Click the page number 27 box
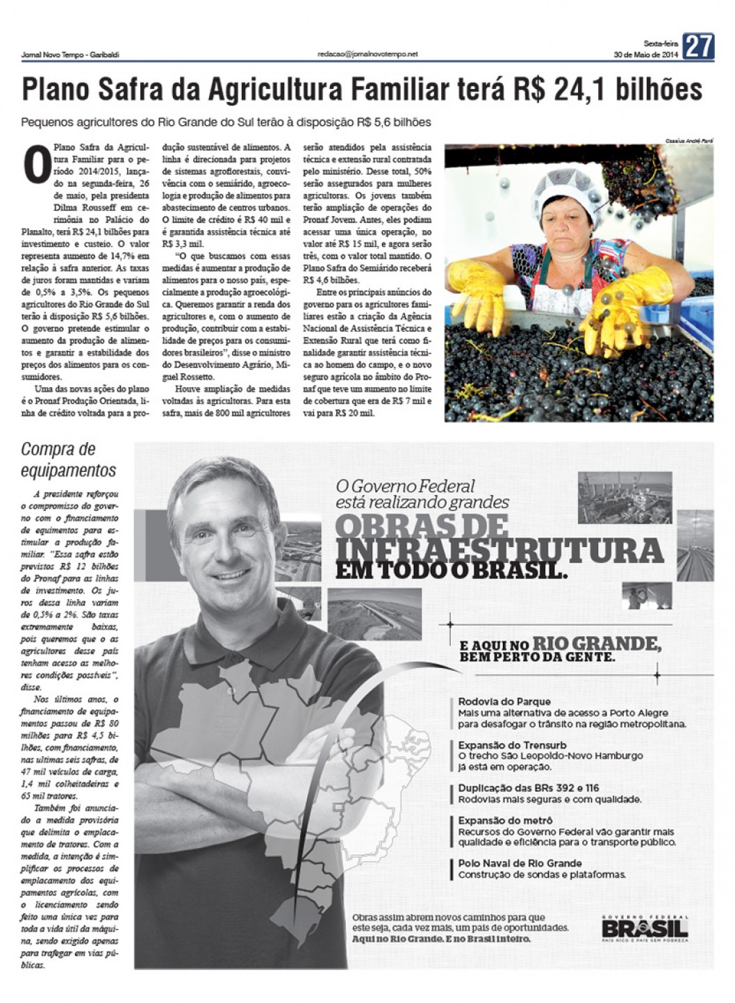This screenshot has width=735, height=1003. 697,47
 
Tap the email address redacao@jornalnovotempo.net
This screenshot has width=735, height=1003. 367,54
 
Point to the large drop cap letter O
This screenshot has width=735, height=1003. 35,165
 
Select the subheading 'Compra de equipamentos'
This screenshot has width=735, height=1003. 68,459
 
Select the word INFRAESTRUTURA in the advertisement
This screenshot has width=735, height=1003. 499,550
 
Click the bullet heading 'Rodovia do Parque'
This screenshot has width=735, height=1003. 504,701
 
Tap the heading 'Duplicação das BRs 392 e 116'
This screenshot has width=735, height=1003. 528,788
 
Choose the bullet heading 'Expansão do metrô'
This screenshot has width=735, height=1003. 505,821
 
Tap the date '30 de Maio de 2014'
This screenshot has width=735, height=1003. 645,54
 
